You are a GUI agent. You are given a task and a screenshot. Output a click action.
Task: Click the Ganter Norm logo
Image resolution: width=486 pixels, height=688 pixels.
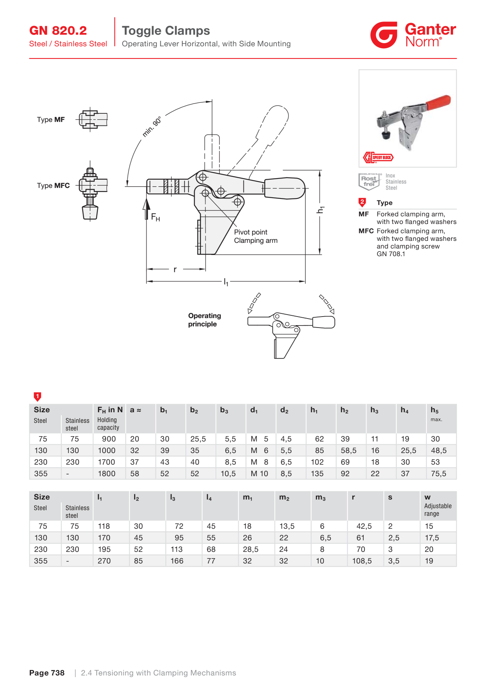click(x=413, y=35)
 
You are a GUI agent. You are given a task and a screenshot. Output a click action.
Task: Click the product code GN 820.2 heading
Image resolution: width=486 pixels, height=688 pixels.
click(x=58, y=31)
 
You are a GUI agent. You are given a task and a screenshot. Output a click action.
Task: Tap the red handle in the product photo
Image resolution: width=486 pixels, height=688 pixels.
click(x=438, y=102)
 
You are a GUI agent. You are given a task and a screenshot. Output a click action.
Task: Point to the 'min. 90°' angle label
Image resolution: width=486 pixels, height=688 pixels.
click(x=152, y=126)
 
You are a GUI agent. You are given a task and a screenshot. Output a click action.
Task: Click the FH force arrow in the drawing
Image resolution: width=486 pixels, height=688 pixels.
click(x=147, y=209)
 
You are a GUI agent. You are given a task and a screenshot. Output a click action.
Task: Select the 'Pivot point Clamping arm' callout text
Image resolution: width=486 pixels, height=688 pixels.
click(x=256, y=236)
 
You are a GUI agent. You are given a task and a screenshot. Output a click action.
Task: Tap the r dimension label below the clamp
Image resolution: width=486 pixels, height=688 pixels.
click(x=175, y=269)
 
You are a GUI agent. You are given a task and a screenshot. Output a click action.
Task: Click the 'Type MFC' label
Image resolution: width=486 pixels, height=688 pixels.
click(x=53, y=186)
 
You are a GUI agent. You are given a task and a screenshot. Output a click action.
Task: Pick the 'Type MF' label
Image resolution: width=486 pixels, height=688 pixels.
click(x=51, y=120)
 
